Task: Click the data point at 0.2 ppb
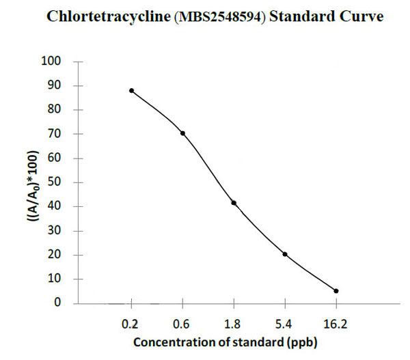[x=131, y=91]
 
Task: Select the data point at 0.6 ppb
[x=182, y=133]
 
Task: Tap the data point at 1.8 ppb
[x=234, y=203]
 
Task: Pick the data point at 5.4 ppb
[x=285, y=254]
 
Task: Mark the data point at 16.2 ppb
[x=336, y=291]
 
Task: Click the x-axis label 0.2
[x=131, y=322]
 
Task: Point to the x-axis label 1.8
[x=234, y=322]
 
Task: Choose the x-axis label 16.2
[x=336, y=322]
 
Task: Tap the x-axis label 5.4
[x=285, y=322]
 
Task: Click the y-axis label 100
[x=53, y=61]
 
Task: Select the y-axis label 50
[x=55, y=182]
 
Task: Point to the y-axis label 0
[x=59, y=303]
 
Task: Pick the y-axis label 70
[x=55, y=134]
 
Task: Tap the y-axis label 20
[x=55, y=255]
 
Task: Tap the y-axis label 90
[x=55, y=86]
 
